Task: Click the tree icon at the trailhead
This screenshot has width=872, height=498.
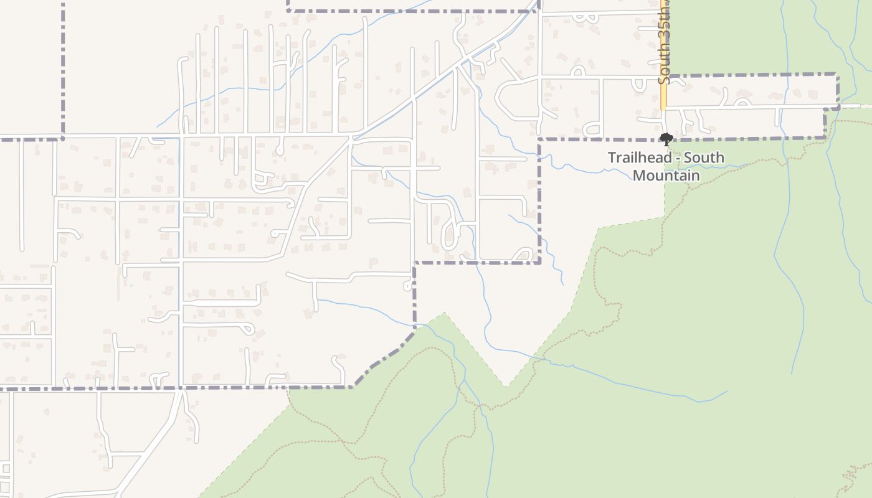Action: tap(666, 139)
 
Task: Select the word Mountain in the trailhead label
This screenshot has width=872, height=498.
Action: tap(666, 175)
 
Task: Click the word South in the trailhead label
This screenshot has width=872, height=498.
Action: tap(704, 157)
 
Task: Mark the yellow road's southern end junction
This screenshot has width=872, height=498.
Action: tap(664, 110)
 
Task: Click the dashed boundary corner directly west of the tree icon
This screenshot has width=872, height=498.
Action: tap(539, 139)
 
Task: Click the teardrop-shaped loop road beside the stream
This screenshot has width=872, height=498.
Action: tap(450, 235)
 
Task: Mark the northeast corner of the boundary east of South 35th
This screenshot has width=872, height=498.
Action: tap(837, 75)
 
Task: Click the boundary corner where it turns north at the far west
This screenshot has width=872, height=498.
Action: tap(63, 138)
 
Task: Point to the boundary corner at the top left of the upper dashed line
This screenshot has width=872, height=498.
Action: tap(288, 11)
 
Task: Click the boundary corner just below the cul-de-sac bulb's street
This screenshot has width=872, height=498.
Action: tap(414, 263)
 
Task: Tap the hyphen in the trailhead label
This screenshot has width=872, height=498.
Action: tap(677, 158)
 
